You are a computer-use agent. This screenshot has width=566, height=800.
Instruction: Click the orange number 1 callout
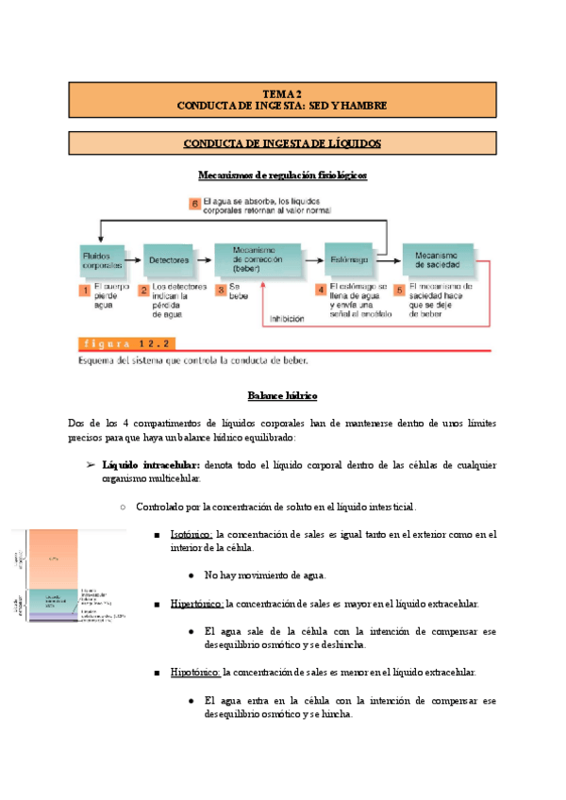84,291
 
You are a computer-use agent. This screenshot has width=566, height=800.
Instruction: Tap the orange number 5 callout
399,291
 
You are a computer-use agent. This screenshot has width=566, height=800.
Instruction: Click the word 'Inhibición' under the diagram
287,319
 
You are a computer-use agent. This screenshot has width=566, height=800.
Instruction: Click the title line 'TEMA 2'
282,93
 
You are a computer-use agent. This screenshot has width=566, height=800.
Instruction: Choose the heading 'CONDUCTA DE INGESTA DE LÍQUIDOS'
282,143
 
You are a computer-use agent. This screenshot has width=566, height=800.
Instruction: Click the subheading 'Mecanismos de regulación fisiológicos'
282,175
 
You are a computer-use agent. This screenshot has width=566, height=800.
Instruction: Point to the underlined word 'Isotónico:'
191,535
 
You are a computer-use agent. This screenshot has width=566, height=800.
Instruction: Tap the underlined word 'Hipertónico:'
195,603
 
